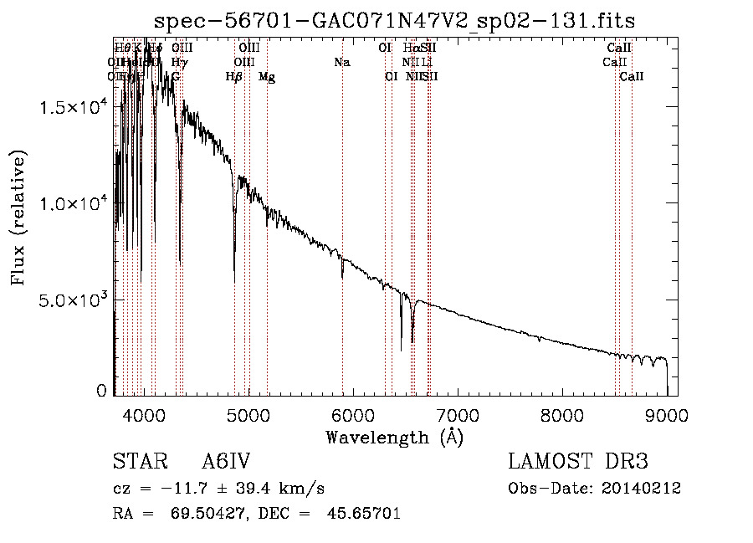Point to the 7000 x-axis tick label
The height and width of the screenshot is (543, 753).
(x=458, y=415)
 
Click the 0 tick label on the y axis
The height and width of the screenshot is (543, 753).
(x=101, y=391)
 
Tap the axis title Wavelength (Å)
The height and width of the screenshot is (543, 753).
(x=395, y=437)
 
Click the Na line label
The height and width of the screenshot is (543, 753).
(x=341, y=62)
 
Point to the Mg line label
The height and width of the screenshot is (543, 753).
(x=267, y=77)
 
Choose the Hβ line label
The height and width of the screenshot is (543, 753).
(x=234, y=77)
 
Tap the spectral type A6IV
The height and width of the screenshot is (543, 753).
(x=226, y=463)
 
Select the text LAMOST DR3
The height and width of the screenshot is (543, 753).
(x=578, y=463)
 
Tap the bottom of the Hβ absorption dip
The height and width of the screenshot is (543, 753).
(x=234, y=281)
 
